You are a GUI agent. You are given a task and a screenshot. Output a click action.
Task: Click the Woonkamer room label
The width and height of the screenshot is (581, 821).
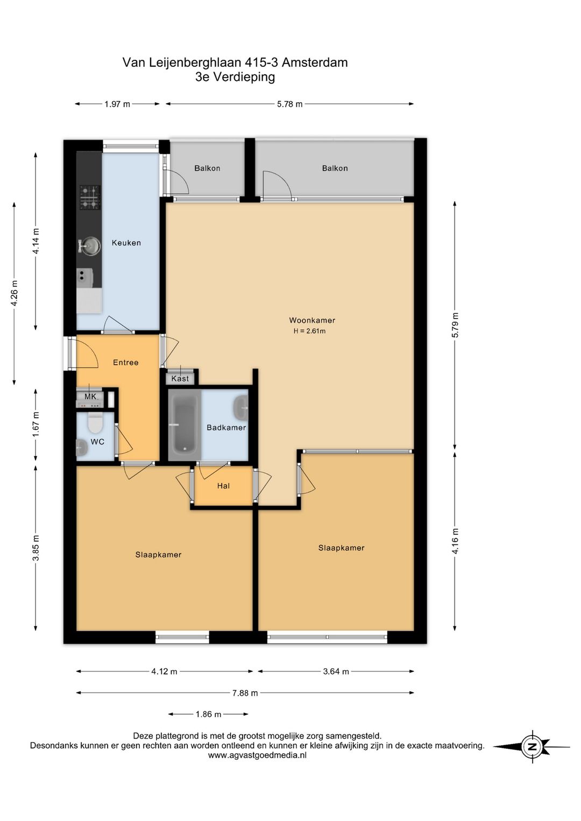(x=312, y=320)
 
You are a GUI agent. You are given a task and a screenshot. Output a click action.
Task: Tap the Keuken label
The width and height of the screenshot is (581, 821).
(x=126, y=243)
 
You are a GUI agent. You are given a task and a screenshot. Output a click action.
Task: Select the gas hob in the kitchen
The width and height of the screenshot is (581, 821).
(x=90, y=197)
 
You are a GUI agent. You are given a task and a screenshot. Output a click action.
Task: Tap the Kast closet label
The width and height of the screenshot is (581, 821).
(x=180, y=379)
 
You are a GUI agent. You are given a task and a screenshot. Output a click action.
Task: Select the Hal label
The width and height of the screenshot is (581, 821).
(x=223, y=486)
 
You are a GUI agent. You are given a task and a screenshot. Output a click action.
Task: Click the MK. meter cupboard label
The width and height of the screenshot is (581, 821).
(x=90, y=397)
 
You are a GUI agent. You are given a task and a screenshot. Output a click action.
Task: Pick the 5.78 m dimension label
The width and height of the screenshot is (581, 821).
(x=289, y=104)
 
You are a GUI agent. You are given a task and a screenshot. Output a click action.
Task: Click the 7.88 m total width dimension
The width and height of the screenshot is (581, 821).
(x=245, y=693)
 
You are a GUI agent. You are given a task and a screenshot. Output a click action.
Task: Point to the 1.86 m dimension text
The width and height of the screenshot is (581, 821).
(x=208, y=714)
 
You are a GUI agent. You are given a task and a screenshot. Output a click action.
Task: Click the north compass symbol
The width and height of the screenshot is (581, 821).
(x=532, y=747)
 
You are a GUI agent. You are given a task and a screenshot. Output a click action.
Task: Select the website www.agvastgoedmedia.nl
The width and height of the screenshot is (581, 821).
(x=257, y=755)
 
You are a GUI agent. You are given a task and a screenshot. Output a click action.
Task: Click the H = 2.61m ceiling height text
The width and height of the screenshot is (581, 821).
(x=309, y=331)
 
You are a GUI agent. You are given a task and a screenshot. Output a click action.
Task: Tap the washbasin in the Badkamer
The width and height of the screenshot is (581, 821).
(x=240, y=408)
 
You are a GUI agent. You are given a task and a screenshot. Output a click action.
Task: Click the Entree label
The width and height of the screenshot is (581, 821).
(x=126, y=363)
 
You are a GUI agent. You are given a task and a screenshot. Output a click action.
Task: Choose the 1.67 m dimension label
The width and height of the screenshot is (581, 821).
(x=36, y=424)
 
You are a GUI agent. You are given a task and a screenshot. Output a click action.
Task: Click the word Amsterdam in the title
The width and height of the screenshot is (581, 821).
(x=315, y=62)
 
